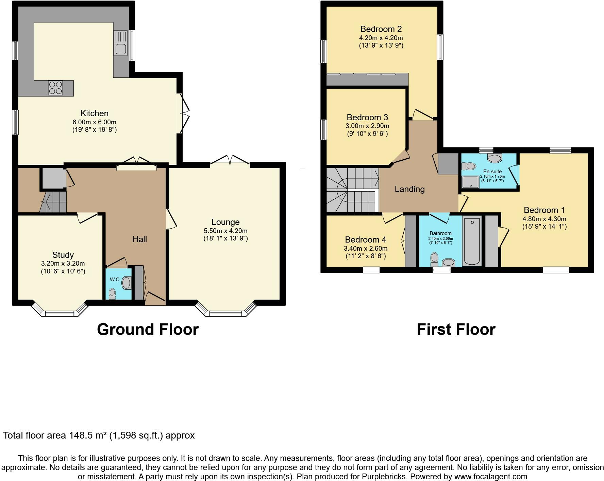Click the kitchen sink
[121, 43]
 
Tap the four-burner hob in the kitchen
[55, 88]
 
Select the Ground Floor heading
[148, 329]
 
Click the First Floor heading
[456, 329]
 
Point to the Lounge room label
[225, 222]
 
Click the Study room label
[63, 255]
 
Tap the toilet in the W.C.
[112, 293]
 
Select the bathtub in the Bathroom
[472, 242]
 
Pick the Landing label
[409, 189]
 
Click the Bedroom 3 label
[367, 118]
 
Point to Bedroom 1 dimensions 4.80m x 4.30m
[544, 219]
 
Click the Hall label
[139, 239]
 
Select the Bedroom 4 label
[366, 240]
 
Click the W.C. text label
[115, 280]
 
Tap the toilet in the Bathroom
[434, 260]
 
